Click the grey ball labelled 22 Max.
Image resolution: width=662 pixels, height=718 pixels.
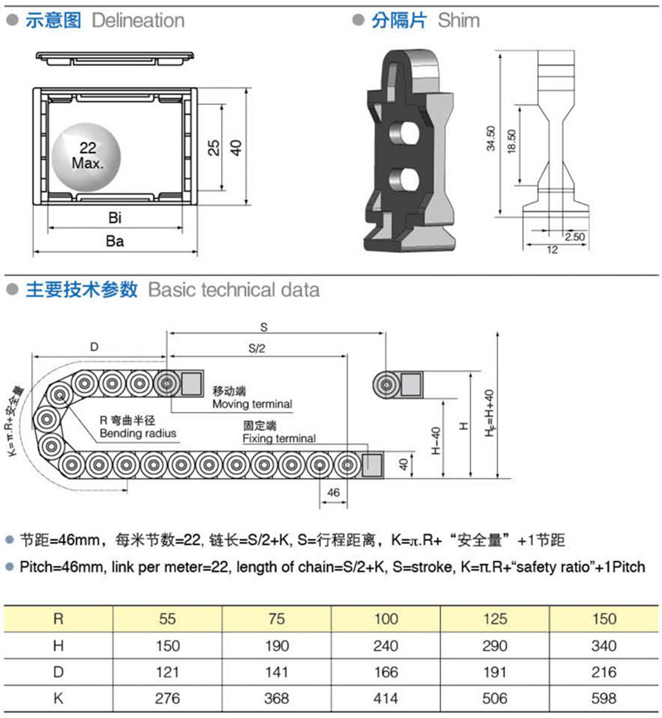(87, 157)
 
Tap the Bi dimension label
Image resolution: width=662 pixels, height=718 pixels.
(115, 218)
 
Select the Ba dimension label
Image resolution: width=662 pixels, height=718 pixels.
(114, 241)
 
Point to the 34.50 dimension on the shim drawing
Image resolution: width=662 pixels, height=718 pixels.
(491, 138)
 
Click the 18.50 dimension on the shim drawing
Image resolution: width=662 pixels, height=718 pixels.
(511, 141)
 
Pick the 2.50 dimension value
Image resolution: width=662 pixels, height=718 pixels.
(574, 237)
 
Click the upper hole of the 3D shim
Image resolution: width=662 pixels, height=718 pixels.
(404, 132)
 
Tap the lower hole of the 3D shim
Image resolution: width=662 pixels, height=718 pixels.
(404, 179)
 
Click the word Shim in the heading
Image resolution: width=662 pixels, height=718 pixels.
(458, 21)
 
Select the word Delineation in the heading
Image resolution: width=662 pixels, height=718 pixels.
(138, 21)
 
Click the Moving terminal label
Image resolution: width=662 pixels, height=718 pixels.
(252, 404)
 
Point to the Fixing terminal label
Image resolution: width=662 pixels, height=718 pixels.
(280, 438)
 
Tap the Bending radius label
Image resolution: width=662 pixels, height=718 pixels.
(138, 433)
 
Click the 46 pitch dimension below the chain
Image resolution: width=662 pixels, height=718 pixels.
(333, 492)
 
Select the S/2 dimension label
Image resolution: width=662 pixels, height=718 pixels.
(257, 348)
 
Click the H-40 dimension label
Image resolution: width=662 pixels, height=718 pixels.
(436, 441)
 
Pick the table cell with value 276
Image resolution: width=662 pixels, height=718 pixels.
(167, 698)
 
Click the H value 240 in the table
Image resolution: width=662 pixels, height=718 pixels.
(386, 646)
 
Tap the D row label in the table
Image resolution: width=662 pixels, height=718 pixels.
(58, 672)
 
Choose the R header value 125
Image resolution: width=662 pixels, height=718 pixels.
(495, 619)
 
